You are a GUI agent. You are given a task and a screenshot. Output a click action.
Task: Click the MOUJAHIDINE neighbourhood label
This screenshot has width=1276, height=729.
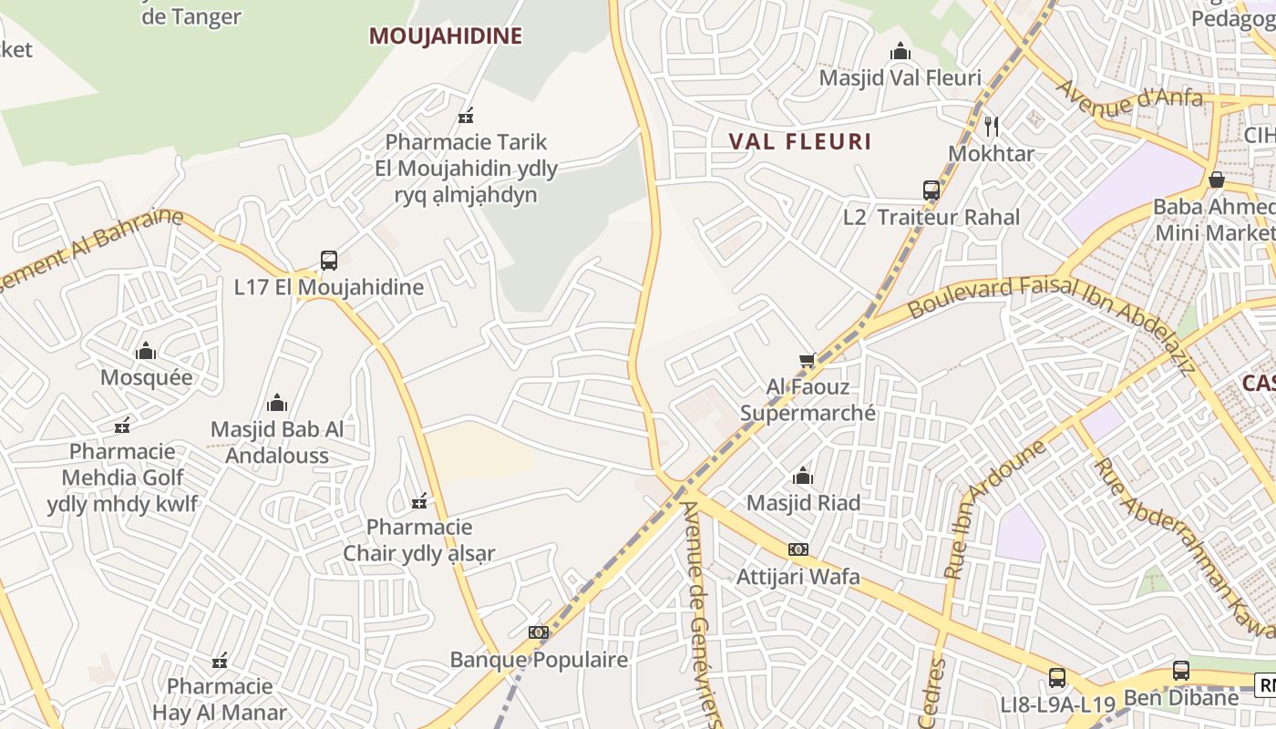click(x=445, y=36)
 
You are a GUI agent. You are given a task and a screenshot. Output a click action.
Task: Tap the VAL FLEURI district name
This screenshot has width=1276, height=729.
click(x=800, y=141)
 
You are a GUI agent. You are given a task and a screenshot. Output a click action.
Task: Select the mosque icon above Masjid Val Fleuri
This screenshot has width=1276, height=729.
click(x=900, y=51)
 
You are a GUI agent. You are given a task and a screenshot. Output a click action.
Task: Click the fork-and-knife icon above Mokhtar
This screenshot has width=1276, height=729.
click(x=992, y=127)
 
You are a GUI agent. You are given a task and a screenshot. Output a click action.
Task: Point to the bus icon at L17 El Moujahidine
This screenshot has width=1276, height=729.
click(x=329, y=261)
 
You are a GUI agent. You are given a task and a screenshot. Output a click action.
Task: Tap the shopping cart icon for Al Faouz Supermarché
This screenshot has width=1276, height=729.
click(x=807, y=361)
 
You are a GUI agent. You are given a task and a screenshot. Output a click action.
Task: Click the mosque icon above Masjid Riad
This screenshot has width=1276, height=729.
click(x=803, y=476)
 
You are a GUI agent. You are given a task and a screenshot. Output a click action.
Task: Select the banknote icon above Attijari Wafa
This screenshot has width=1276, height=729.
click(x=798, y=549)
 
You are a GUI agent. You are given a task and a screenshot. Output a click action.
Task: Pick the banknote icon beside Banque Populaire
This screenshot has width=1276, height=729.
click(x=539, y=632)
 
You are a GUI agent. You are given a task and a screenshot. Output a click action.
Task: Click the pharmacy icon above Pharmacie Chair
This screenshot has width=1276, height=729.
click(x=420, y=500)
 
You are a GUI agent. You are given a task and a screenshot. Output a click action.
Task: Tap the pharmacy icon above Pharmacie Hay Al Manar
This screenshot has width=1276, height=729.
click(x=220, y=660)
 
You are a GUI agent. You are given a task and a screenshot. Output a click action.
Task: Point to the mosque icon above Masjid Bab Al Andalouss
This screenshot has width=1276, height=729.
click(x=277, y=403)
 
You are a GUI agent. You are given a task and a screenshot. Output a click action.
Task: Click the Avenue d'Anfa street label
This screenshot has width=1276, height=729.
click(x=1129, y=98)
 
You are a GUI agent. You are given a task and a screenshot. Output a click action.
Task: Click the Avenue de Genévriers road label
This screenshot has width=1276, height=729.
click(x=703, y=611)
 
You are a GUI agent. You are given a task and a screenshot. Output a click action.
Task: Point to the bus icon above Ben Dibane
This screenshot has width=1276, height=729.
click(x=1181, y=671)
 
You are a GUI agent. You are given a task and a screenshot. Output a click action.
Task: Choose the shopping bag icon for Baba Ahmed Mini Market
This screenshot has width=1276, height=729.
click(x=1216, y=180)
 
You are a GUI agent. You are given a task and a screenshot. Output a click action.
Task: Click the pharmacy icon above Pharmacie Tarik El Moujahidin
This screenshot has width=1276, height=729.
click(x=466, y=116)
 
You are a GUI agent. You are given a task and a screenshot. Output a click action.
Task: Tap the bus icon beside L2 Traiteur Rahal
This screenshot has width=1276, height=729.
click(x=931, y=190)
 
